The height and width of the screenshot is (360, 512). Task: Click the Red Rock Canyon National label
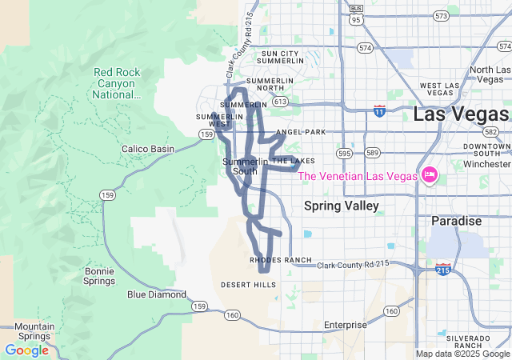tap(116, 82)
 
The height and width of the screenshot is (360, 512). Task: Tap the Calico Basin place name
tap(147, 149)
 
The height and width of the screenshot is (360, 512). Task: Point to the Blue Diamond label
tap(157, 294)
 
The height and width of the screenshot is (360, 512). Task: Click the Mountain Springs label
tap(34, 331)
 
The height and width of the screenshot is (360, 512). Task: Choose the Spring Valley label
tap(342, 206)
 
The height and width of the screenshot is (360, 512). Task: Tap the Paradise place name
tap(456, 221)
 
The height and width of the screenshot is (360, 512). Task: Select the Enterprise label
tap(345, 325)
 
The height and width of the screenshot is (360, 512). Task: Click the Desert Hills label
tap(247, 285)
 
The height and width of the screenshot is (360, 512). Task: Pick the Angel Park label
tap(301, 131)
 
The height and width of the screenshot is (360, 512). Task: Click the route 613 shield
tap(280, 102)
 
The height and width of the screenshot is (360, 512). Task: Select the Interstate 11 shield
tap(379, 110)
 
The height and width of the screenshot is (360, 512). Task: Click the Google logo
tap(26, 350)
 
